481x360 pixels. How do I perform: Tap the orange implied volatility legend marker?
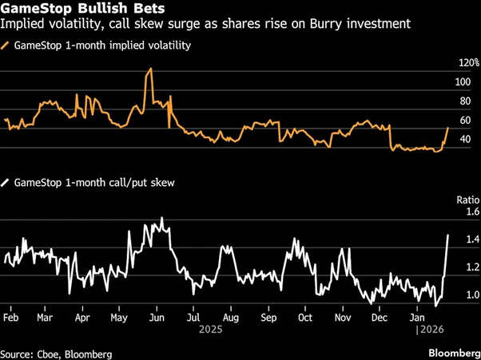[6, 45]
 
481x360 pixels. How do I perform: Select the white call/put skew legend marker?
[6, 183]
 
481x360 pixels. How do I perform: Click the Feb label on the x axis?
[12, 317]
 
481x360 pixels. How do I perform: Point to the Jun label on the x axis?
[157, 317]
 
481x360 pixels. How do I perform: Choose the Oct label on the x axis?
[304, 317]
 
